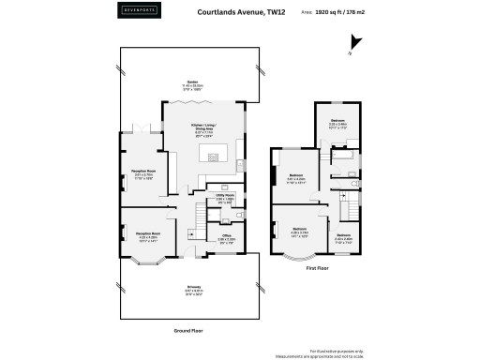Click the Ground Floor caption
pyautogui.click(x=189, y=330)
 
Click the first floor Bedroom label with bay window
pyautogui.click(x=300, y=231)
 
